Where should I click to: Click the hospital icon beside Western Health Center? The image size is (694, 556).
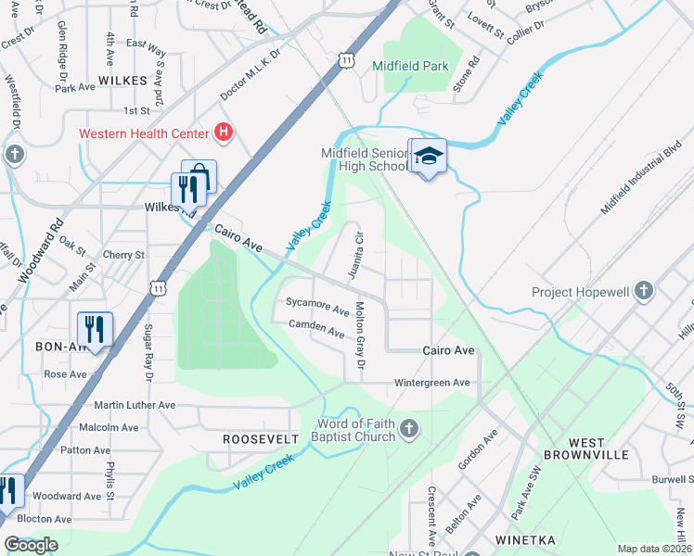(223, 133)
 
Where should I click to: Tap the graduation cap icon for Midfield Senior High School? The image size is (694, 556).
(427, 157)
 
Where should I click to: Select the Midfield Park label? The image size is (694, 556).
(410, 66)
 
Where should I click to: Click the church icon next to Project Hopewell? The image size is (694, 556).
(646, 292)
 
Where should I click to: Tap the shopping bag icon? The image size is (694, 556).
(199, 175)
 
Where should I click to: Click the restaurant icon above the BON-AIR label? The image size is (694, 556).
(95, 328)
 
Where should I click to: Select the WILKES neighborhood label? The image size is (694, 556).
(122, 81)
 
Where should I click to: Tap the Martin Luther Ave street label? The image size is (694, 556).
(135, 405)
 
